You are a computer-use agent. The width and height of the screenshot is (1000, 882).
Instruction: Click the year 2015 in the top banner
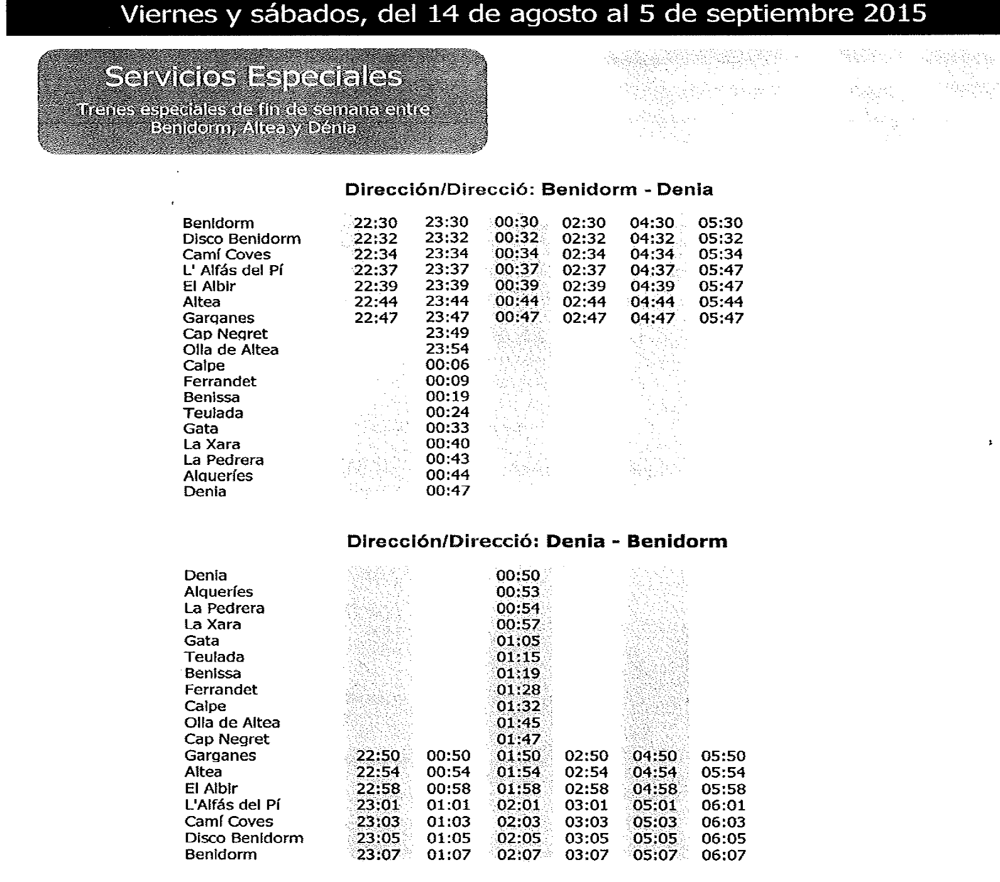[x=894, y=13]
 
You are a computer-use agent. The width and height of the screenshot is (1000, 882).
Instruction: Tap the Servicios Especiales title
[x=253, y=77]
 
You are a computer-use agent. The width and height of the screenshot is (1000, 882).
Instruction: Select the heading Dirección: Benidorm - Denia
[x=529, y=190]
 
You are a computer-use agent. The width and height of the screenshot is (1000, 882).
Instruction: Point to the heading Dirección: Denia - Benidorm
[x=537, y=542]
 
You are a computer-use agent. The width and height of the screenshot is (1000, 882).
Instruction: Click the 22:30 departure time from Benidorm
[x=375, y=223]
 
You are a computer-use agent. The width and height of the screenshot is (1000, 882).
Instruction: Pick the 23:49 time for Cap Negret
[x=448, y=333]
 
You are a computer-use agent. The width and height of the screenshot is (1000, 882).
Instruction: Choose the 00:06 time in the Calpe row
[x=448, y=365]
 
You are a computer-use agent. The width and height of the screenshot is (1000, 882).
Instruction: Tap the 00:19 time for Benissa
[x=448, y=396]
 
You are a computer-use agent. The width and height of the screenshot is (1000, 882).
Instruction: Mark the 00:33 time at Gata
[x=448, y=428]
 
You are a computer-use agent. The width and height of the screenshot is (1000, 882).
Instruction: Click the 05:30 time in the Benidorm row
[x=720, y=223]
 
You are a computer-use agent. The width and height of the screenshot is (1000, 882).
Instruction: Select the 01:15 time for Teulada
[x=518, y=657]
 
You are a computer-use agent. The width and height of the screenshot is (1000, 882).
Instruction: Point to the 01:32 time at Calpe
[x=518, y=706]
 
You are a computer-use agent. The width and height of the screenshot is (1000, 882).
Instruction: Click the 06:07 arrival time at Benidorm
[x=723, y=855]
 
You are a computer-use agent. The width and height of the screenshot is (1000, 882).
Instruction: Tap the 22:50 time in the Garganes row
[x=378, y=756]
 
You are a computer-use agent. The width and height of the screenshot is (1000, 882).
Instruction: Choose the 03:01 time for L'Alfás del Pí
[x=586, y=805]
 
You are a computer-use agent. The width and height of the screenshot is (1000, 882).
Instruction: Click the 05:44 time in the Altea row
[x=721, y=302]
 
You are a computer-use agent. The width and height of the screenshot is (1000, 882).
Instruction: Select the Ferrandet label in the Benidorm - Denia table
[x=219, y=381]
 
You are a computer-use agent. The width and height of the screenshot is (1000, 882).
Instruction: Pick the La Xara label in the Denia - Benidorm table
[x=212, y=624]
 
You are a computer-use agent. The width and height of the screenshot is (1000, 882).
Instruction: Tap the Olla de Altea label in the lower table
[x=232, y=722]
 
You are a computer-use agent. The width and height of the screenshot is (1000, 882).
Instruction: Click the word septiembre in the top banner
[x=790, y=13]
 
